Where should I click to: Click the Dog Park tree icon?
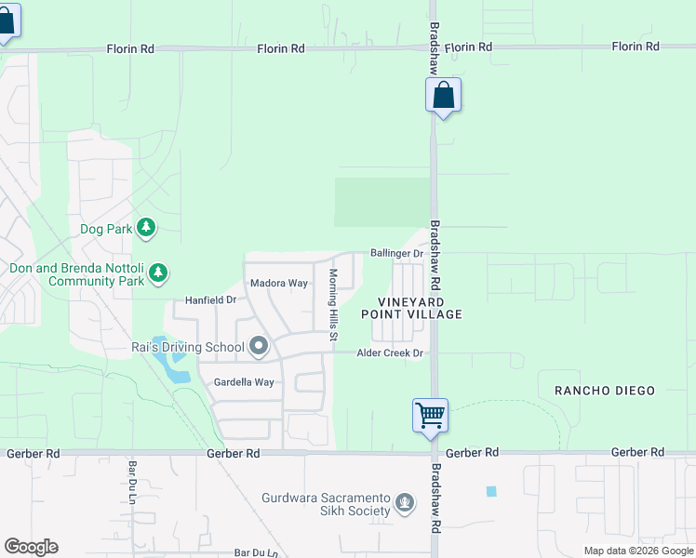tap(145, 227)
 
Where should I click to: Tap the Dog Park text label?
tap(106, 227)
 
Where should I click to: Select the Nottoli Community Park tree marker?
tap(159, 272)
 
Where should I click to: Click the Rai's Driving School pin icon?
tap(260, 348)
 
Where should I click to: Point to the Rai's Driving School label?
tap(187, 348)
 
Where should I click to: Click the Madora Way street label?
tap(278, 283)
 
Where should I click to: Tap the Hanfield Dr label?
tap(210, 300)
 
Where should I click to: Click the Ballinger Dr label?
tap(396, 253)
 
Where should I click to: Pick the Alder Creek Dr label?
tap(391, 353)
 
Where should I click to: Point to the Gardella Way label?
tap(244, 382)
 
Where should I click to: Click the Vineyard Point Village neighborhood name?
tap(420, 309)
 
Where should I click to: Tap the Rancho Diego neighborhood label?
tap(605, 391)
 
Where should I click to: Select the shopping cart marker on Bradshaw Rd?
tap(431, 415)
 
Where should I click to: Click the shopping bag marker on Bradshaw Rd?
tap(444, 95)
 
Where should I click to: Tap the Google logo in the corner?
tap(31, 547)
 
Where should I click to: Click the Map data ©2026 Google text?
tap(638, 551)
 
